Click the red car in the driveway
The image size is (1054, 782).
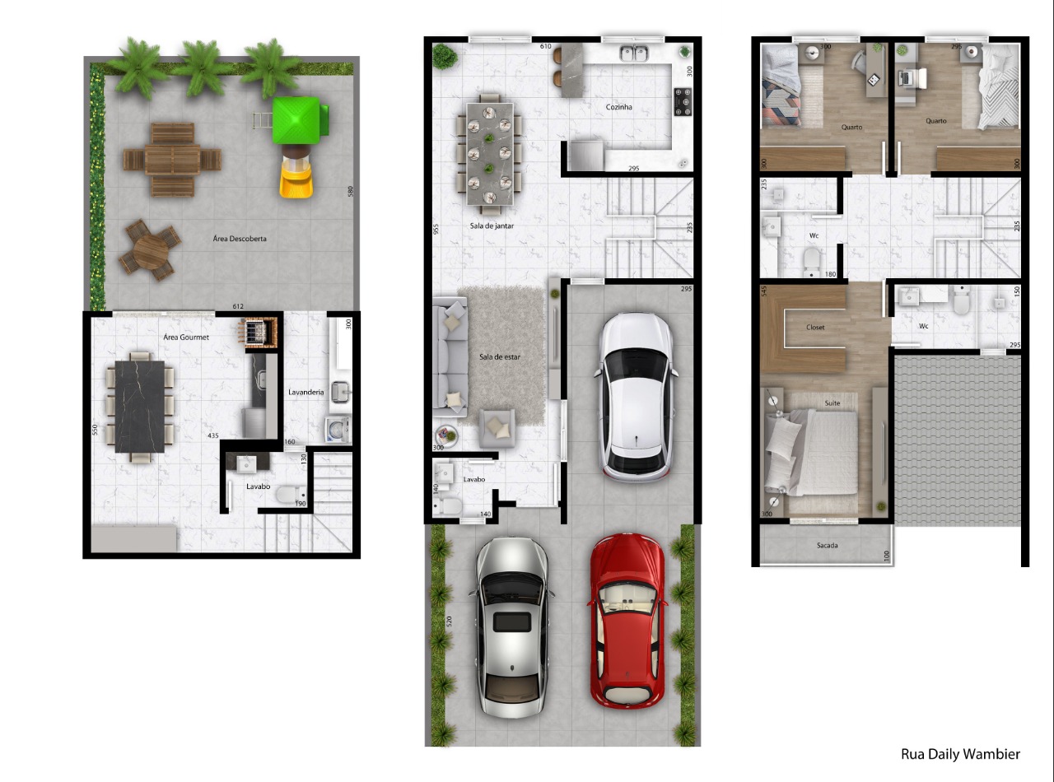pos(627,621)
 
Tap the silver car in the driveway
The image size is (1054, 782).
pos(512,627)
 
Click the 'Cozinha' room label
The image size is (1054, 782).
pos(618,107)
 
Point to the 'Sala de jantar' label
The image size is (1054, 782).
pos(492,226)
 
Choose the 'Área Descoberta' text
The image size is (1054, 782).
pos(240,239)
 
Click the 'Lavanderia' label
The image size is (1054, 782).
pos(306,392)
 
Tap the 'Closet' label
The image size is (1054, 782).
pos(815,328)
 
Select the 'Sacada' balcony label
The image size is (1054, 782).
pos(828,546)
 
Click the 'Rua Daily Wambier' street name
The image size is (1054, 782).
pos(960,754)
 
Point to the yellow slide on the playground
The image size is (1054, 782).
pos(296,179)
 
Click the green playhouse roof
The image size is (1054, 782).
pos(296,120)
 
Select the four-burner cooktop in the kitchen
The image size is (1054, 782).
pos(683,102)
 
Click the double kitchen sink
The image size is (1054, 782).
pos(633,54)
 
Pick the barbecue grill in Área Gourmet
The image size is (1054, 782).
pos(259,332)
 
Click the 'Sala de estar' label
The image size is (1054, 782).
pos(500,356)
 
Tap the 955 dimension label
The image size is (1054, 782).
pos(436,229)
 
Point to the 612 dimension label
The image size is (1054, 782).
pos(238,306)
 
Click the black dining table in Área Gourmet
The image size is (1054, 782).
pos(140,407)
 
